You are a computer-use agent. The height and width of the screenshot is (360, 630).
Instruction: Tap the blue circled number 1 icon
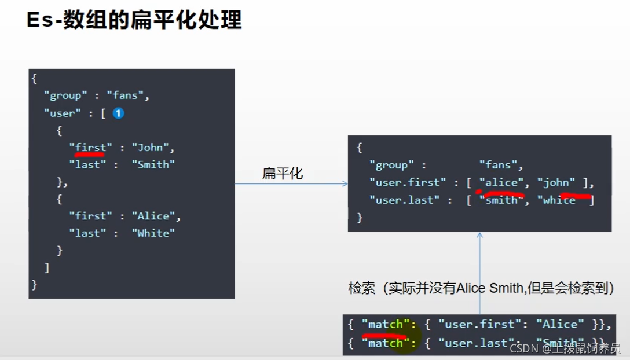(x=118, y=113)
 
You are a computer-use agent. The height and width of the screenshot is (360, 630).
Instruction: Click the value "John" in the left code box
(x=152, y=148)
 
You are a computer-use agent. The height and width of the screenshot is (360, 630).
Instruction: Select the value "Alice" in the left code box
(x=156, y=216)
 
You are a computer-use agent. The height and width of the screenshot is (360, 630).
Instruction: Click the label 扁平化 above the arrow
(x=283, y=173)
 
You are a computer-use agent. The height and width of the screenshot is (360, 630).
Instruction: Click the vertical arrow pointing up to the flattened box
(x=479, y=272)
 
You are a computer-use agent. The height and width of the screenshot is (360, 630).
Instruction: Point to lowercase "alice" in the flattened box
(x=501, y=183)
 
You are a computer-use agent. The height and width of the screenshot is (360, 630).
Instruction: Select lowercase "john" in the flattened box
(x=556, y=183)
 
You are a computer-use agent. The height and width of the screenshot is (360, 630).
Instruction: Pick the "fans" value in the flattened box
(x=501, y=166)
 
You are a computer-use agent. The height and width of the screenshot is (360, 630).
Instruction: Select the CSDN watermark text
(x=565, y=348)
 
